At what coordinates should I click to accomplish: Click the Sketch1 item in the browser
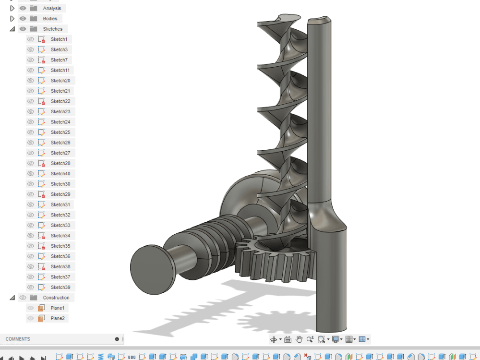[59, 39]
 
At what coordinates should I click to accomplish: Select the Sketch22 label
[60, 101]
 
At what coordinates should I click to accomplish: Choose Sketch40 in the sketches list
[60, 174]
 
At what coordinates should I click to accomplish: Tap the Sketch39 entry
[60, 288]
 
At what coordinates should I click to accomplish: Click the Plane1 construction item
[58, 308]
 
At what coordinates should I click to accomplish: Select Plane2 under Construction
[58, 318]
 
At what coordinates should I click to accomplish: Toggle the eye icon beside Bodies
[23, 19]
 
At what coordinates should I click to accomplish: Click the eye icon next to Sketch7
[31, 60]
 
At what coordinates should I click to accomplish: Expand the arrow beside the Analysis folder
[12, 8]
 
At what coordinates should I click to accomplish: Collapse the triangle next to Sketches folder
[12, 29]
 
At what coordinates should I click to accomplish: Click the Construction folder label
[56, 298]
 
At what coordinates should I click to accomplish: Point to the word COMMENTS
[18, 339]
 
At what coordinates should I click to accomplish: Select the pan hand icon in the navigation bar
[299, 339]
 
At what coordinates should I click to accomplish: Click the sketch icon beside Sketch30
[41, 184]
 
